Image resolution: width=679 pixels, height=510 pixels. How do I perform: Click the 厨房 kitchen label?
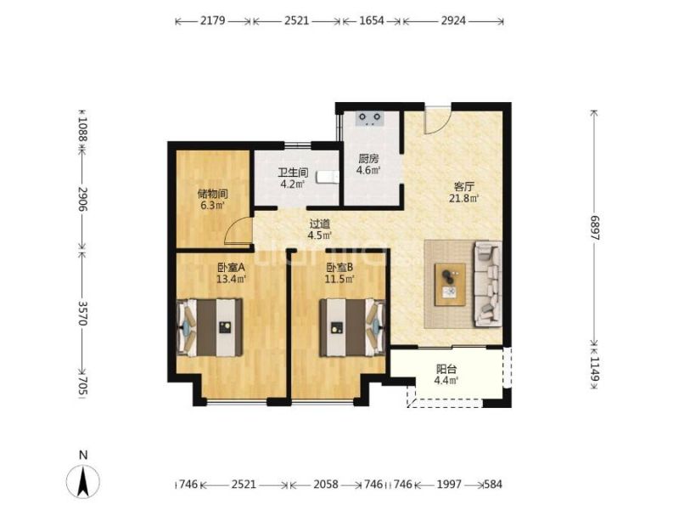coord(368,159)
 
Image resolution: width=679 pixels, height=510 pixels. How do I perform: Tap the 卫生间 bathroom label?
coord(293,173)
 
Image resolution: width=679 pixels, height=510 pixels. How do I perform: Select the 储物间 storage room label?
coord(213,195)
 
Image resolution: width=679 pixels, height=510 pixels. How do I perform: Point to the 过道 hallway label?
coord(320,224)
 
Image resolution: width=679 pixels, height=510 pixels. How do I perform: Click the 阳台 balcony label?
coord(446,370)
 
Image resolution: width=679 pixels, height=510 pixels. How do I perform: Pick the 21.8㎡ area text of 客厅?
coord(463,199)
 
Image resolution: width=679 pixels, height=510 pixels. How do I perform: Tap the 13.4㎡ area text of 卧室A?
coord(231,279)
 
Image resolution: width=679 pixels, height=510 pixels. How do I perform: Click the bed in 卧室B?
coord(352,327)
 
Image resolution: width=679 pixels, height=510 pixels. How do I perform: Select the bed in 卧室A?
coord(210,327)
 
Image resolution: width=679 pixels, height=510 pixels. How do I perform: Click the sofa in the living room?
coord(488,284)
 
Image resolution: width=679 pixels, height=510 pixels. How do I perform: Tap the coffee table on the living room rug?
coord(451,285)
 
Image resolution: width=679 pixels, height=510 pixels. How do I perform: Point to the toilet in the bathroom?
coord(328,177)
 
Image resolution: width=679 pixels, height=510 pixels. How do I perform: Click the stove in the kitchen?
coord(370,119)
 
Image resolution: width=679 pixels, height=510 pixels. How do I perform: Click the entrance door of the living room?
coord(438,120)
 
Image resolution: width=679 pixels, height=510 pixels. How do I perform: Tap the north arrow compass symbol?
coord(83,481)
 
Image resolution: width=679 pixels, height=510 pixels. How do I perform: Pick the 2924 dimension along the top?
coord(453,20)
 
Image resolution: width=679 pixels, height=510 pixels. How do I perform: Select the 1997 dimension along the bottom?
coord(449,484)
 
